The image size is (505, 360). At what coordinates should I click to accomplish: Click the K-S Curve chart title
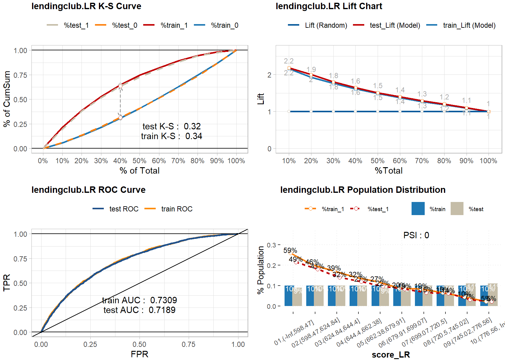tap(86, 6)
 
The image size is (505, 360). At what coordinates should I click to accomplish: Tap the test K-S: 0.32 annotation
tap(171, 126)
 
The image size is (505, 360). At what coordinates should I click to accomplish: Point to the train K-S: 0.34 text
tap(171, 136)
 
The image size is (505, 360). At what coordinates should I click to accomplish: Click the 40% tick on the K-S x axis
tap(120, 161)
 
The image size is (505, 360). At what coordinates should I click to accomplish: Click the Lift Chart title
tap(329, 6)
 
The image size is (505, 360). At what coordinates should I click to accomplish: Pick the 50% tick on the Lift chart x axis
tap(377, 161)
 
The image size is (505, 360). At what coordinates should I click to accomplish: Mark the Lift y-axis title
tap(261, 99)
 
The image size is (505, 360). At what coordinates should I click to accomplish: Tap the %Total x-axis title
tap(388, 171)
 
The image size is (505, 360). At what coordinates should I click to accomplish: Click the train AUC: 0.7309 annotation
tap(139, 300)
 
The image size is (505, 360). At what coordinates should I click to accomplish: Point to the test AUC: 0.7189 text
tap(139, 310)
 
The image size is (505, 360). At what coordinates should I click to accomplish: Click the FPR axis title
tap(139, 354)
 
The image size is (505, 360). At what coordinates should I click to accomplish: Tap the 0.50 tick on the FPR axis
tap(139, 344)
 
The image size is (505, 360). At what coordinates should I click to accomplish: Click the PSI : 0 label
tap(416, 235)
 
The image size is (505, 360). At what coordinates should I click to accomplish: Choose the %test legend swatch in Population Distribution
tap(457, 209)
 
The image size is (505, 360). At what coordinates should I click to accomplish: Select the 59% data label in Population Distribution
tap(290, 251)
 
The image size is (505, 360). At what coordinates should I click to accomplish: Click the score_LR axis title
tap(391, 355)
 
